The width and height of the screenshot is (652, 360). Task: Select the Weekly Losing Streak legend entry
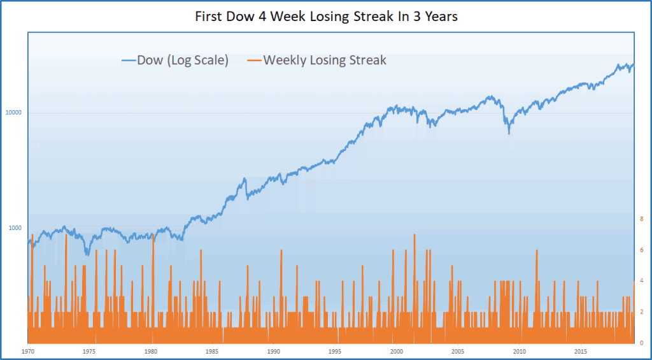click(325, 61)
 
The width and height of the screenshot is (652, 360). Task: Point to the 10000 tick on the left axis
click(14, 113)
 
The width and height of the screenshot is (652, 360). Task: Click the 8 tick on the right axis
click(641, 219)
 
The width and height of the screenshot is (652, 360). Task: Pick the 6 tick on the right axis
click(641, 250)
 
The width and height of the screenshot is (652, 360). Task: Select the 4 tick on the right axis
click(641, 281)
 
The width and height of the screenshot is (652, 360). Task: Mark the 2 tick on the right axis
click(641, 312)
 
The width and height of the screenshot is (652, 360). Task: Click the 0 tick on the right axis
click(641, 343)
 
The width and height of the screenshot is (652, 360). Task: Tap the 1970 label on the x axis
click(28, 351)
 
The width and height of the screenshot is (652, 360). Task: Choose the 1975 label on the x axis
click(89, 351)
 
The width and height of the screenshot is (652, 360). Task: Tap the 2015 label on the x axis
click(580, 351)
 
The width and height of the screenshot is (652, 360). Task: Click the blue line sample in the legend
click(128, 61)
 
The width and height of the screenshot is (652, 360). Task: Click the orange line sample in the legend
click(254, 61)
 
